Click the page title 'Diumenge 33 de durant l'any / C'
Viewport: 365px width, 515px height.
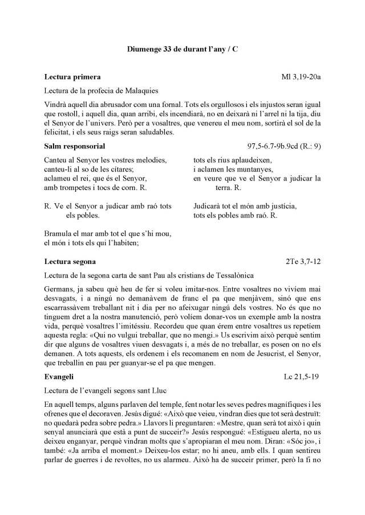click(x=182, y=50)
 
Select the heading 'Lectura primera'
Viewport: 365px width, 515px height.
click(x=72, y=76)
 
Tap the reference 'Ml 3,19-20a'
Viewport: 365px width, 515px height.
click(x=301, y=76)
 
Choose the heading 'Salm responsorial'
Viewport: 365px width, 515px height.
click(x=74, y=146)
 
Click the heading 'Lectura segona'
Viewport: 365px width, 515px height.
click(x=70, y=262)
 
